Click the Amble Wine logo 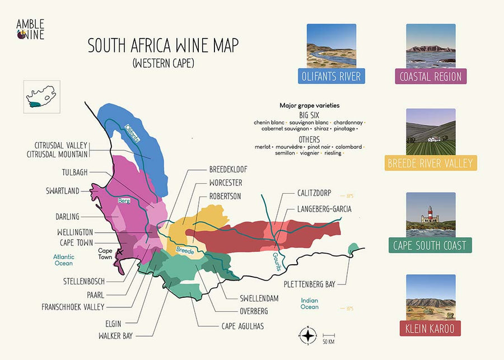click(x=30, y=29)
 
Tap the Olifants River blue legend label click(x=332, y=76)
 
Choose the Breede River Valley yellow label click(x=431, y=163)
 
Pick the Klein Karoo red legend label click(x=431, y=328)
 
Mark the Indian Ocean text click(x=310, y=303)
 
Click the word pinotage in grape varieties click(x=344, y=129)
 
